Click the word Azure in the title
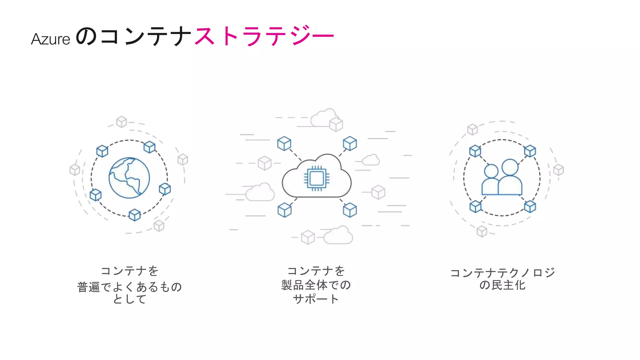50,39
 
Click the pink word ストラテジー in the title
264,36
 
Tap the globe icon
129,178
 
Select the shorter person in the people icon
491,180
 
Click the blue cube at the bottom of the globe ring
135,215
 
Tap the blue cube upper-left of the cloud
284,143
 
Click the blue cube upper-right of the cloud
350,143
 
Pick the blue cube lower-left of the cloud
284,210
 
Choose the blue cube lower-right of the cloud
350,210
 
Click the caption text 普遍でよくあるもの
129,287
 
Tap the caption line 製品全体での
316,285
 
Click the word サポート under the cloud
316,299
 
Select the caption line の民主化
502,285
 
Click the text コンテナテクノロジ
502,272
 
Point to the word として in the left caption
129,299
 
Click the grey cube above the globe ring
121,122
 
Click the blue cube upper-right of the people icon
530,151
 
